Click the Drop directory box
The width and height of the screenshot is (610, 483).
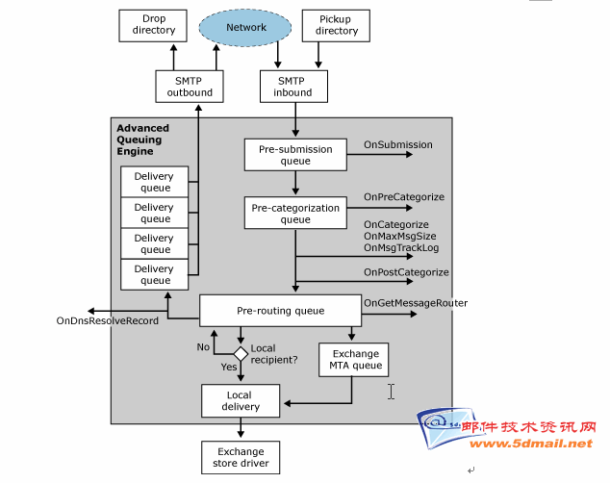(153, 26)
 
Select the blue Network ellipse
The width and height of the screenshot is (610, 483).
(245, 28)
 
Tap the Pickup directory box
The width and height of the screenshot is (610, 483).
(336, 26)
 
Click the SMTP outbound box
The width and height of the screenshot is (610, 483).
(190, 87)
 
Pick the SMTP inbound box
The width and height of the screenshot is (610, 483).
(293, 87)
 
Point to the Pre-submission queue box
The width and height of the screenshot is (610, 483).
(295, 155)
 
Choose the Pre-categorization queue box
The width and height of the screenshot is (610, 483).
(295, 213)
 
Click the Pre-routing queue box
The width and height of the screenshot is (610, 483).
(281, 311)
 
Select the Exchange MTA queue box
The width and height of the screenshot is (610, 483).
(354, 360)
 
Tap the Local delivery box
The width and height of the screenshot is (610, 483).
(241, 401)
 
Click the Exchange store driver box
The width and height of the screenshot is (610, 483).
(241, 457)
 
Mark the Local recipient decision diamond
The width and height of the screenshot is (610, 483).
(241, 354)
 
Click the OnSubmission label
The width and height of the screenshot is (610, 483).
(398, 144)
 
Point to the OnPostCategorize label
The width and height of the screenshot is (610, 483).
(406, 272)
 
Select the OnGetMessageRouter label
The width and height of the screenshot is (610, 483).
(416, 303)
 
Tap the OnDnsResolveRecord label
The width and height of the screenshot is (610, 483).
(108, 320)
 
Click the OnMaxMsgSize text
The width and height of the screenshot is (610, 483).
(400, 236)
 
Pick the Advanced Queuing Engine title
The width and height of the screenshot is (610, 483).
(142, 140)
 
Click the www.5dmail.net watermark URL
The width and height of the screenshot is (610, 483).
(531, 444)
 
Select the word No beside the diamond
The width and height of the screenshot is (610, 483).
(203, 347)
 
